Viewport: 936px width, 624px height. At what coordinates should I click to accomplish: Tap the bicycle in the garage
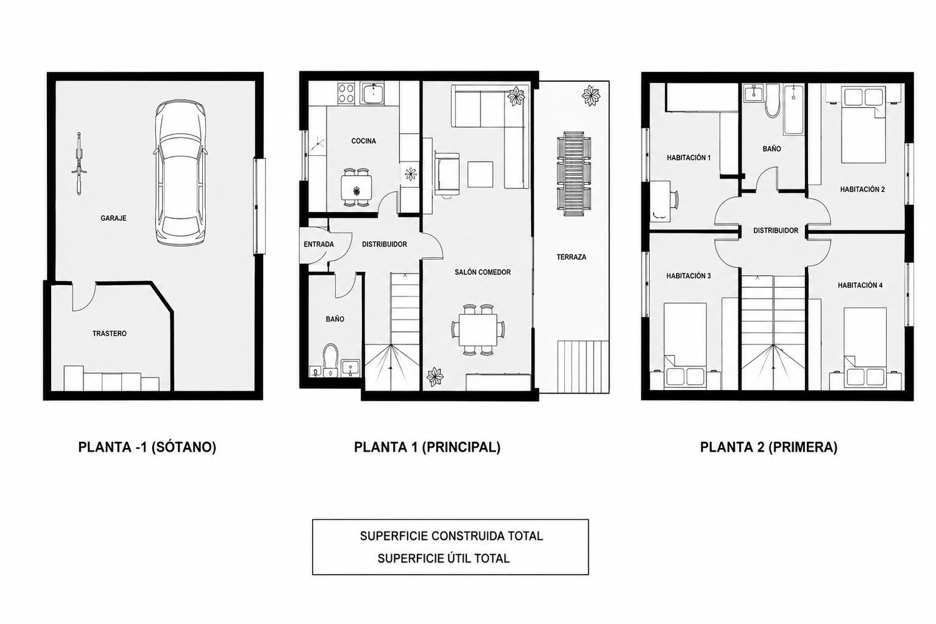click(78, 163)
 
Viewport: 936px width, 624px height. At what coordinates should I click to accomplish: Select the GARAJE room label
click(113, 218)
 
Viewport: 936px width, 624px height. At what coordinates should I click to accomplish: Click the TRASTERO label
click(109, 333)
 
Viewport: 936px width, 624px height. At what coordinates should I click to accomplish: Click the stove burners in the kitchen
click(346, 93)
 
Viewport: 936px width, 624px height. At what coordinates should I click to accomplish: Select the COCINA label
click(364, 141)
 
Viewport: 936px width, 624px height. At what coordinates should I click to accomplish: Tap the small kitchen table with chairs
click(356, 187)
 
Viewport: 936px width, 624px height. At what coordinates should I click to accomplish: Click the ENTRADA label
click(319, 245)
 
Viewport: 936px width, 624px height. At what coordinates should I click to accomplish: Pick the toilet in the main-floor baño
click(331, 360)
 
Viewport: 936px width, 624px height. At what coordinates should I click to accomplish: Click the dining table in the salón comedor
click(478, 329)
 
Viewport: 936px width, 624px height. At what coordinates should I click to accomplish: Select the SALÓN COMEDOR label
click(482, 273)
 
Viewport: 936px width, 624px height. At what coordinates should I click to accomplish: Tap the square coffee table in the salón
click(480, 174)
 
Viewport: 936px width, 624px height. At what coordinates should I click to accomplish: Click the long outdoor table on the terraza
click(573, 174)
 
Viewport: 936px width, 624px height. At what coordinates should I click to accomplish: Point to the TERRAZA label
click(571, 258)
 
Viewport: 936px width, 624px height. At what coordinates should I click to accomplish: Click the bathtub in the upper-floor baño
click(794, 110)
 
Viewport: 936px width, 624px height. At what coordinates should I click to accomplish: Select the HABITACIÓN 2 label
click(862, 190)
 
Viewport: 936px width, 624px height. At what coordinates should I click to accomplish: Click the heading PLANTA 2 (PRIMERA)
click(769, 447)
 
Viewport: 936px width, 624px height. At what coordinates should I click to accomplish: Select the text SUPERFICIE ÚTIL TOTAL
click(444, 558)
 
